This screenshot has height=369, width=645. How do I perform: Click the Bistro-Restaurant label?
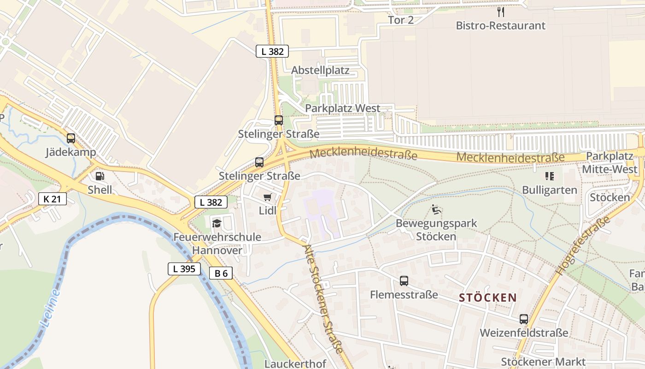coord(500,25)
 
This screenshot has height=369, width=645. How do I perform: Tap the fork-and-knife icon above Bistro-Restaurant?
coord(501,12)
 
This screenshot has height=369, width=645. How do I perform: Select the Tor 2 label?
coord(401,20)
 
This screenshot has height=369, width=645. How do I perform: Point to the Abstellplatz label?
coord(320,71)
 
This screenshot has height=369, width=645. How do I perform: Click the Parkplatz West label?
coord(343,108)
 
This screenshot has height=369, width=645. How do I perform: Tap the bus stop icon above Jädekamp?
coord(71,138)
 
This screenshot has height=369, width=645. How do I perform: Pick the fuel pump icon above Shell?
coord(100,176)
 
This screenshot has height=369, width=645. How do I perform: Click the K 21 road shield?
coord(53,199)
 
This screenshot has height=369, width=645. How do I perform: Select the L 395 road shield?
coord(184,269)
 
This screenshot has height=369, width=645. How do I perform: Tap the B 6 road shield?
coord(221,273)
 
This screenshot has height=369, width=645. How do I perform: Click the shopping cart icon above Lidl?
coord(267,197)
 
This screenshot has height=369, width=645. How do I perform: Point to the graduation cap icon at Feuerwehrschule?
coord(217,224)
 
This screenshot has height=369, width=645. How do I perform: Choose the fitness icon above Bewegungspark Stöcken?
coord(436,210)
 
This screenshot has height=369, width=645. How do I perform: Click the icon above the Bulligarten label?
coord(549,176)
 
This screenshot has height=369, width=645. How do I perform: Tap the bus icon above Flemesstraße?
coord(404,280)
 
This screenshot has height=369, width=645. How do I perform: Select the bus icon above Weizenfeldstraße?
coord(524,319)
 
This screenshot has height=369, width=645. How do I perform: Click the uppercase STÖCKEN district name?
coord(488,298)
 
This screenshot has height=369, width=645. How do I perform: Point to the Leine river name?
coord(50,308)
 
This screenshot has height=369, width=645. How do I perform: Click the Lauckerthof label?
coord(295,364)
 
